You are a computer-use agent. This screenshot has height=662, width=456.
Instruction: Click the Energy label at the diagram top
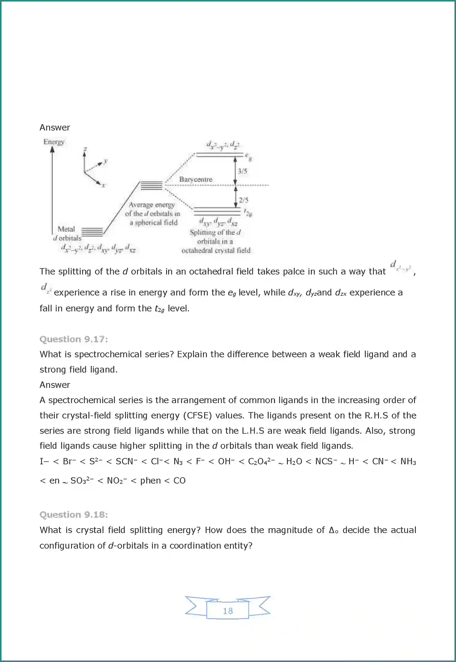tap(54, 142)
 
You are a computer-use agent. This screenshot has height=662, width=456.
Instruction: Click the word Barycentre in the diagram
tap(196, 179)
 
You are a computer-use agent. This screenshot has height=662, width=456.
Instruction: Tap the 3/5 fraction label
tap(242, 171)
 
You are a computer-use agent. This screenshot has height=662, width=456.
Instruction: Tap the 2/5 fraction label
tap(243, 200)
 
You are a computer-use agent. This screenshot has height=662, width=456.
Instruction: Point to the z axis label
tap(85, 149)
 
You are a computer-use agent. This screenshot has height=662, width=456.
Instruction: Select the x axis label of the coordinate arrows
tap(103, 185)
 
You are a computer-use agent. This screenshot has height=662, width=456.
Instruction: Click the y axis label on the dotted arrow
tap(105, 161)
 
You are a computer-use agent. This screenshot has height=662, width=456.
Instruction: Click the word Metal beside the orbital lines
tap(66, 229)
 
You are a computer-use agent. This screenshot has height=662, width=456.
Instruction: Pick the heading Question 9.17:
tap(74, 339)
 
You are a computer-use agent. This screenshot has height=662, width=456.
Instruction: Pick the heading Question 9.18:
tap(74, 515)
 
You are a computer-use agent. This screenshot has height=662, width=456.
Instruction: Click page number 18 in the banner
tap(228, 611)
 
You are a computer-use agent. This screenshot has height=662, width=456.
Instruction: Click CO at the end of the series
tap(179, 481)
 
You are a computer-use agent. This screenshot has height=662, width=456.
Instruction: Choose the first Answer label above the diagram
tap(55, 127)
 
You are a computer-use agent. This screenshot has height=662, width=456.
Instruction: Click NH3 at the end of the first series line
tap(408, 461)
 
